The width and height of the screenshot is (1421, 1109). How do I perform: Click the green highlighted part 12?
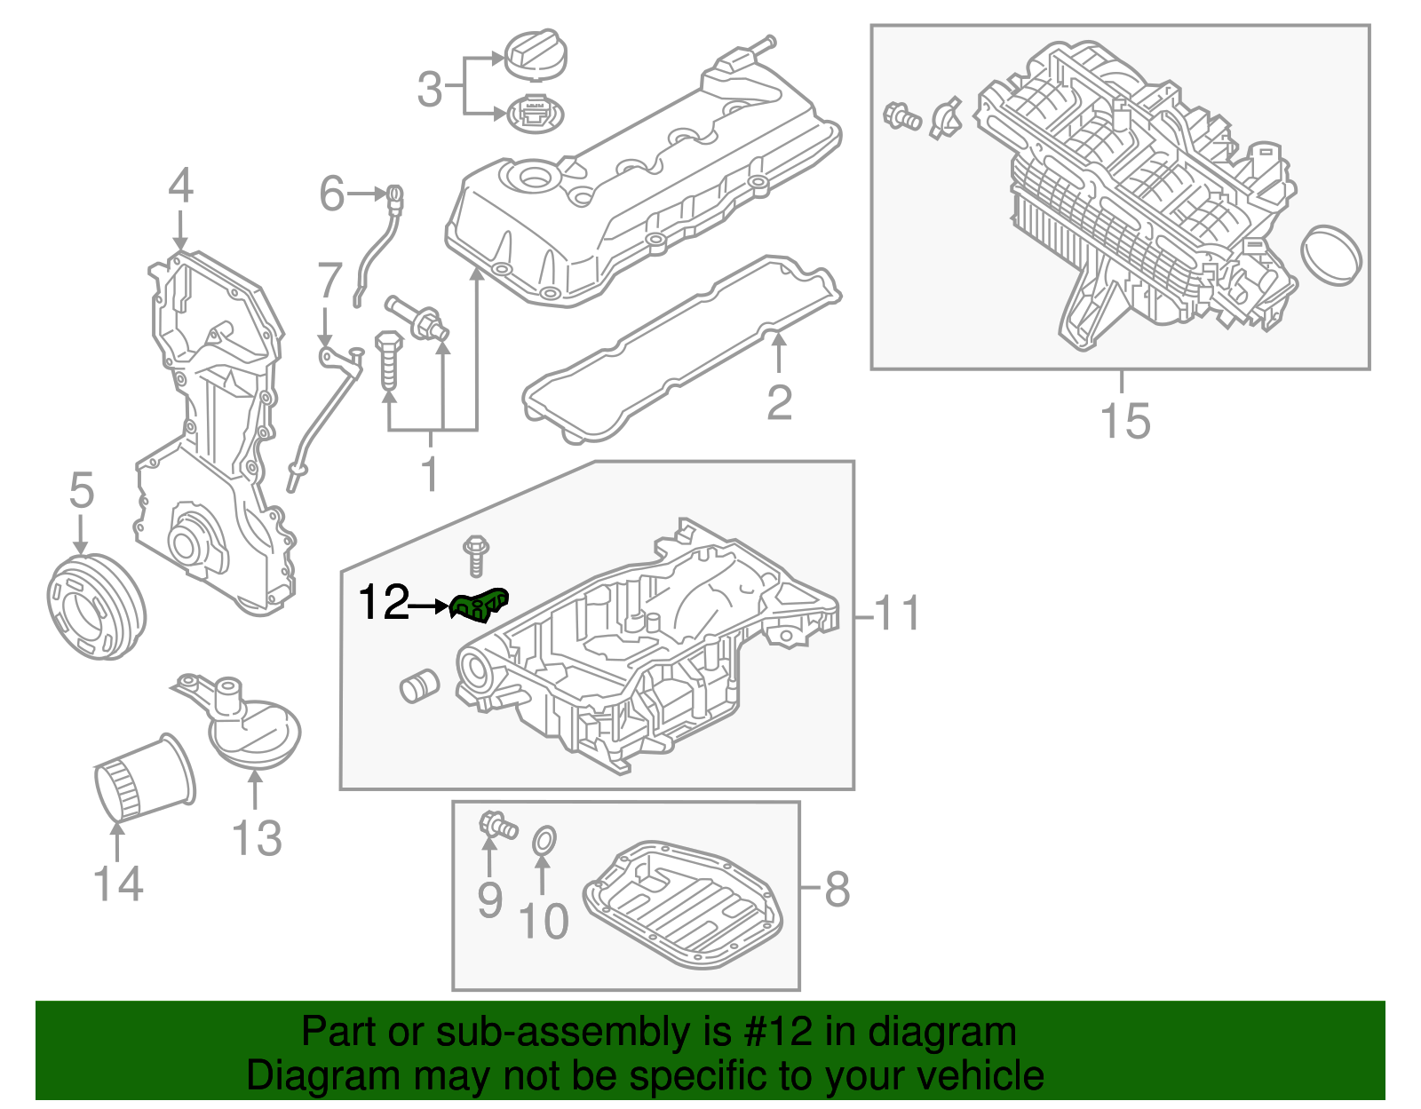click(x=480, y=606)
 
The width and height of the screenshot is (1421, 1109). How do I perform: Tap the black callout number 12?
click(x=384, y=604)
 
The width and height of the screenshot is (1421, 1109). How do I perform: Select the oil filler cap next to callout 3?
click(x=536, y=53)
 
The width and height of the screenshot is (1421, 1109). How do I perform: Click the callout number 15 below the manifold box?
click(x=1124, y=421)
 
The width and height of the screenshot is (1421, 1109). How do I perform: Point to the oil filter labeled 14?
click(x=144, y=780)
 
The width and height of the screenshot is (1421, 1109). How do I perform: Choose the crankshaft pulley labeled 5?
click(x=95, y=606)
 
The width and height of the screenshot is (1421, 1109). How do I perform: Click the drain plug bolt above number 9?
click(x=496, y=824)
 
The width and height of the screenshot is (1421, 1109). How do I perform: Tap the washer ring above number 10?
click(x=544, y=841)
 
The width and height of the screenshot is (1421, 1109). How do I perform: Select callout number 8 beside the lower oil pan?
click(x=837, y=889)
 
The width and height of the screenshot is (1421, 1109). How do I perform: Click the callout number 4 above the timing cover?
click(x=180, y=186)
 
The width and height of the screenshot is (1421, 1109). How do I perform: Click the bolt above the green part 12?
click(x=476, y=554)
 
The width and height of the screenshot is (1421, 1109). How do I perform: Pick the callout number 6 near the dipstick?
click(x=332, y=194)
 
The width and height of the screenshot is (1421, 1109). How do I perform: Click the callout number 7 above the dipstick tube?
click(x=329, y=281)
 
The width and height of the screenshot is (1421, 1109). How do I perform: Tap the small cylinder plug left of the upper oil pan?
click(x=419, y=685)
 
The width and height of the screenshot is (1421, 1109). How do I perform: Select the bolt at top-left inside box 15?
click(x=901, y=115)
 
